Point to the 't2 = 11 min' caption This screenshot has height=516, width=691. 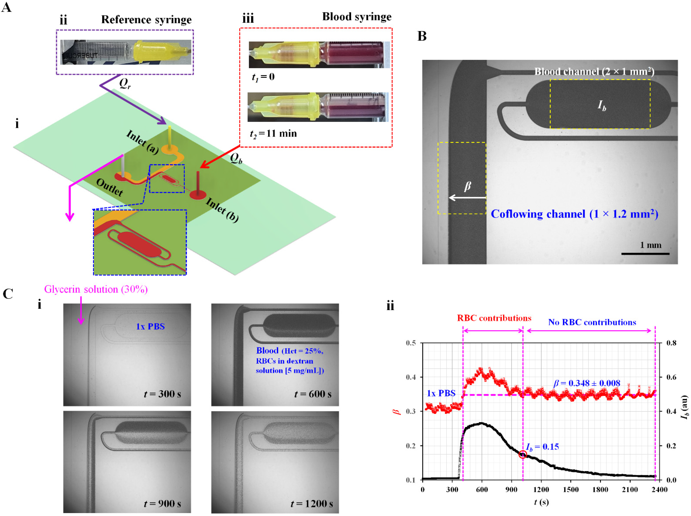(x=273, y=134)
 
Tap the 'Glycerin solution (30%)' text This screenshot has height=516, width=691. (x=96, y=289)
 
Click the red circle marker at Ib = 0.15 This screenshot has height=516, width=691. (x=522, y=454)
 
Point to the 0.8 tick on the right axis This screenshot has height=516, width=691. (x=671, y=343)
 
